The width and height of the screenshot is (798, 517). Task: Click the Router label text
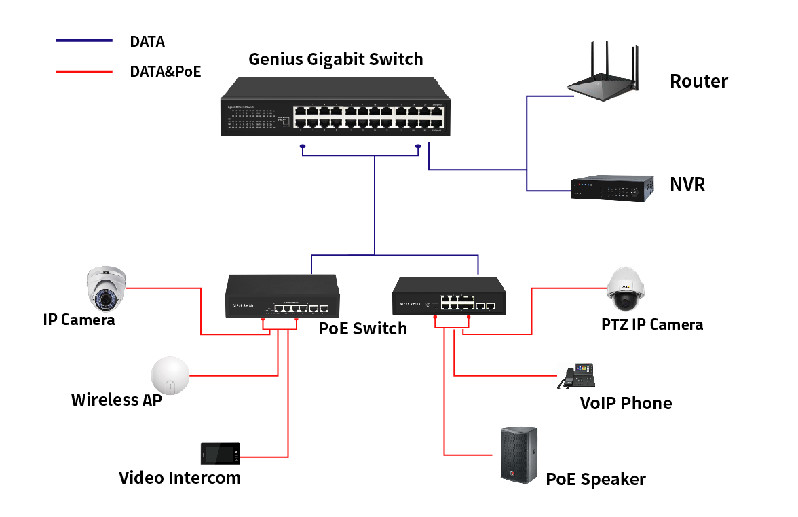coord(698,81)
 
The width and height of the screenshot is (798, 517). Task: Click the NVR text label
coord(687,184)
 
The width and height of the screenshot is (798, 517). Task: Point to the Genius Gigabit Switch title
coord(335,59)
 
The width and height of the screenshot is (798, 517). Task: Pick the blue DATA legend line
coord(84,41)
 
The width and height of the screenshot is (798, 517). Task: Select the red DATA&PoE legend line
coord(84,71)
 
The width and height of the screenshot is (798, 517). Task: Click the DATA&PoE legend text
coord(165,71)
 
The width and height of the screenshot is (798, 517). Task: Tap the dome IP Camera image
coord(106,288)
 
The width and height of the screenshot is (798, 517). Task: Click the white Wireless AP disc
coord(170,375)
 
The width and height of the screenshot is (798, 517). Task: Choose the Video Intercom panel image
coord(220,453)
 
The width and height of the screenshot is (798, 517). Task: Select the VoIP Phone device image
coord(576,377)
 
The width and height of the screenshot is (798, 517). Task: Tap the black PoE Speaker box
coord(519,455)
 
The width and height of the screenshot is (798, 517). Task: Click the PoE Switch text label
coord(362,329)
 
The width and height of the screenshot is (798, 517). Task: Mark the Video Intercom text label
coord(180,478)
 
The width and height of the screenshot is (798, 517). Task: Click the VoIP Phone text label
coord(626,403)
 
